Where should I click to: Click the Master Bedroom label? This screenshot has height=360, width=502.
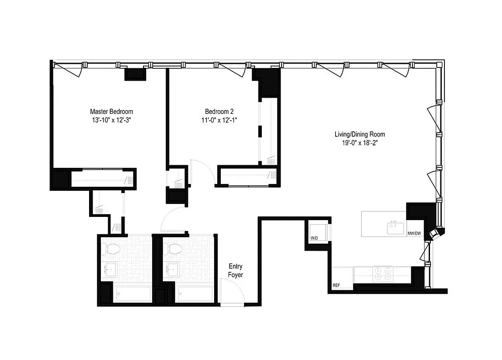tap(112, 112)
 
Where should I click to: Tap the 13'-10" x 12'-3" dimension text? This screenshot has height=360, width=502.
tap(112, 120)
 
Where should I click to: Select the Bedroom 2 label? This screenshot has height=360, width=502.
tap(219, 112)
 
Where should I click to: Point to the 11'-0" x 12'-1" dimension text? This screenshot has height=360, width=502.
tap(219, 120)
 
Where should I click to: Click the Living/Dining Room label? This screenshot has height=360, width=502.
tap(359, 134)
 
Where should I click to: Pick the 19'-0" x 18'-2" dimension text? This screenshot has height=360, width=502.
tap(359, 143)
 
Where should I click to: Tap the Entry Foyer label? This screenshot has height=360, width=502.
tap(235, 270)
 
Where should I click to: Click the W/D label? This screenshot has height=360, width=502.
tap(314, 238)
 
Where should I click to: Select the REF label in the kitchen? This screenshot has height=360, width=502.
tap(336, 286)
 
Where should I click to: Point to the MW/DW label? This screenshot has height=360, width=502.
tap(414, 233)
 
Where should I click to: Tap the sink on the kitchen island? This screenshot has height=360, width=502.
tap(395, 228)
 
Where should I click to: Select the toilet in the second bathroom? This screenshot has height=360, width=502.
tap(174, 248)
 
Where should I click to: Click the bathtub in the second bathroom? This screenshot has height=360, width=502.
tap(195, 295)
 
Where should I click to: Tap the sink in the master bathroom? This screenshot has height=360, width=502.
tap(110, 270)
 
